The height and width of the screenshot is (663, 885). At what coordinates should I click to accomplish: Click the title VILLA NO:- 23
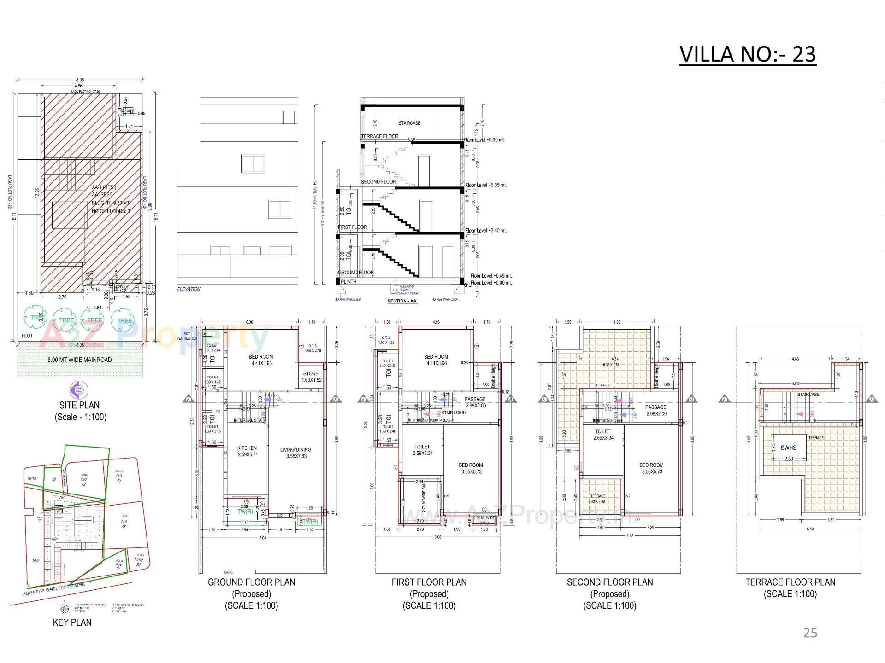[x=747, y=54]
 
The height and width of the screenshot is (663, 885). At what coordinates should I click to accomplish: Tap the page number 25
[x=810, y=633]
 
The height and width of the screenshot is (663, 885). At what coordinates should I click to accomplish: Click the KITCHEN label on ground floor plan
[x=247, y=448]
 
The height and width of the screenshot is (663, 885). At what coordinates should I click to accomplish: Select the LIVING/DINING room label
[x=295, y=449]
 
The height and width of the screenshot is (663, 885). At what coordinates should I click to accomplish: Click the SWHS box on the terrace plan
[x=788, y=448]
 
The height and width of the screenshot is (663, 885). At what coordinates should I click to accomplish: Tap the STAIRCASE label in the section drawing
[x=409, y=123]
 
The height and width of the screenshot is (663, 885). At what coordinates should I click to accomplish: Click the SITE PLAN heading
[x=79, y=405]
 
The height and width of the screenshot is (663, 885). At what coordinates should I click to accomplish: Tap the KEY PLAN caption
[x=72, y=622]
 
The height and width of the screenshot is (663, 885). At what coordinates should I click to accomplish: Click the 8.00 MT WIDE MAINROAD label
[x=79, y=360]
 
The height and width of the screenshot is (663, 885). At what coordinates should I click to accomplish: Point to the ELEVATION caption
[x=189, y=289]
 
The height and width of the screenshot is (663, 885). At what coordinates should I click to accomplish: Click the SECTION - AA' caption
[x=403, y=301]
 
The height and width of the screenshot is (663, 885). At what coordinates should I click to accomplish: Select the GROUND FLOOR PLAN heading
[x=251, y=582]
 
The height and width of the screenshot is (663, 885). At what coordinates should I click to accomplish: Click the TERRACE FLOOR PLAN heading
[x=790, y=582]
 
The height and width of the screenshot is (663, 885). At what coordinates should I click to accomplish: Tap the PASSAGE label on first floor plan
[x=475, y=399]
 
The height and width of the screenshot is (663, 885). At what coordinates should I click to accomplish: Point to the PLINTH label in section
[x=348, y=281]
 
